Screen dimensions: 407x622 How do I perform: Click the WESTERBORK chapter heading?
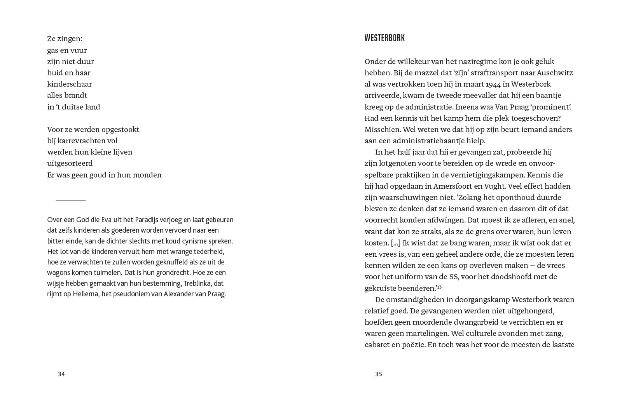[384, 38]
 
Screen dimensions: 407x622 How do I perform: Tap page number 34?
[61, 374]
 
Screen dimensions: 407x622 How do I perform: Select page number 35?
[379, 374]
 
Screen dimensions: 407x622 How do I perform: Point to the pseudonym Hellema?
[86, 294]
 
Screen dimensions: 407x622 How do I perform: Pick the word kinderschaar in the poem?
[70, 84]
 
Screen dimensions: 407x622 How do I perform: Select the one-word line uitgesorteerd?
[70, 163]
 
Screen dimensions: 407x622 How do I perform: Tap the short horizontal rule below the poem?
[71, 200]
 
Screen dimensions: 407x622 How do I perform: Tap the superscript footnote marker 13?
[439, 287]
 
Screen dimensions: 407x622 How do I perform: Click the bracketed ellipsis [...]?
[395, 243]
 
